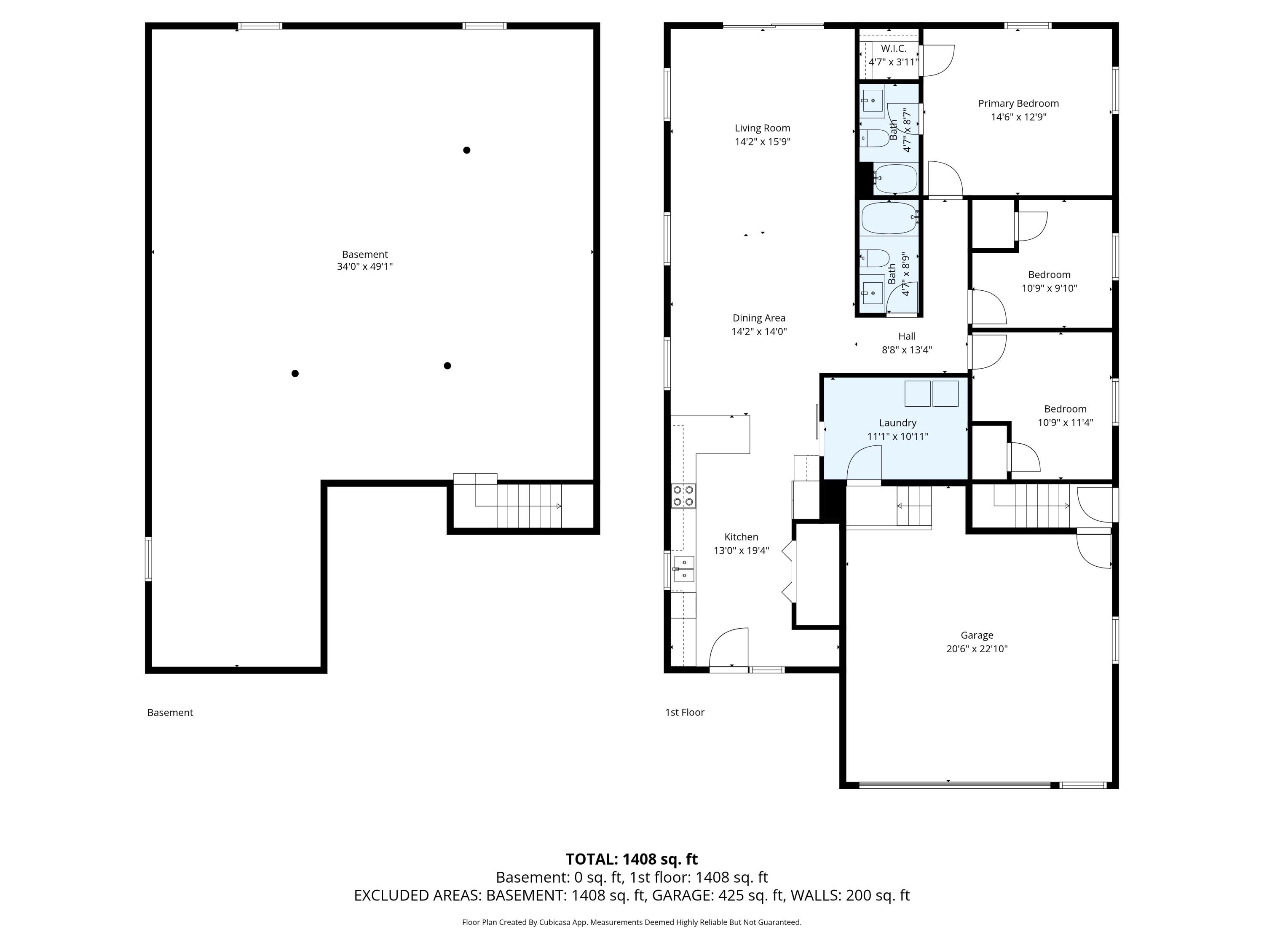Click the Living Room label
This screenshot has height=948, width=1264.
(x=762, y=128)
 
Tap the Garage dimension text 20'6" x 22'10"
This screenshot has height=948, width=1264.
(x=977, y=648)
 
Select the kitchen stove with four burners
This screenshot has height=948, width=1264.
(x=683, y=495)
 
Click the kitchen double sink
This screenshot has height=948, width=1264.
(x=684, y=569)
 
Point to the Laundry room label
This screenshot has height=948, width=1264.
(x=897, y=423)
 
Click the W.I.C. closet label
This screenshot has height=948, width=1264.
(x=893, y=48)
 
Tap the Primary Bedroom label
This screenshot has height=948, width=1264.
(x=1018, y=103)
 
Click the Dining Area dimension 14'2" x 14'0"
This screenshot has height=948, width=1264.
(x=759, y=332)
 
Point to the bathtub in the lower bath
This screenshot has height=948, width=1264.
(x=889, y=218)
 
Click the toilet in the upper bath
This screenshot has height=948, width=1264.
(x=874, y=138)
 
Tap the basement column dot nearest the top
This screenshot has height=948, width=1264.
(x=466, y=150)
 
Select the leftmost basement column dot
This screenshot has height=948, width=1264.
(x=295, y=374)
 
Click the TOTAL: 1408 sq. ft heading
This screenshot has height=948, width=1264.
(x=632, y=859)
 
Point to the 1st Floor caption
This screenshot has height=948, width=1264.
(x=685, y=712)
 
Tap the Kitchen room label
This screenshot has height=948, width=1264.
(x=741, y=537)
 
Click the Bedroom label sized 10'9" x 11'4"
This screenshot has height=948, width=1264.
(x=1065, y=409)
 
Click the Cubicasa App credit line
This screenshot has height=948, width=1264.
(x=632, y=922)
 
